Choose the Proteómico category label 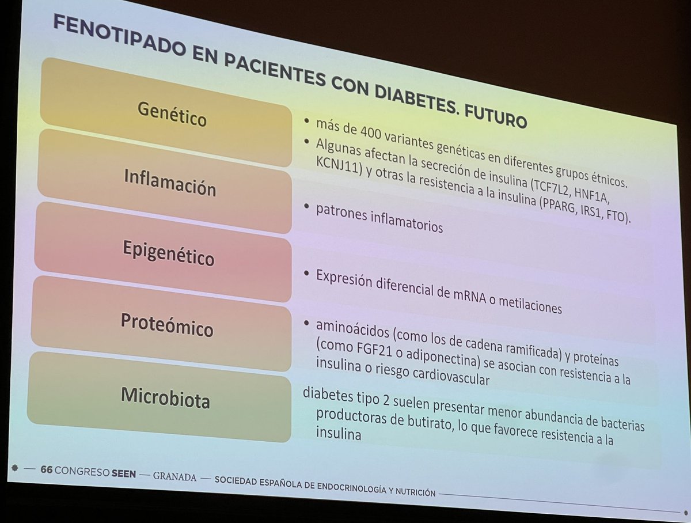pos(168,325)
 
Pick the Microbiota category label pos(165,397)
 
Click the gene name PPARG pos(553,211)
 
